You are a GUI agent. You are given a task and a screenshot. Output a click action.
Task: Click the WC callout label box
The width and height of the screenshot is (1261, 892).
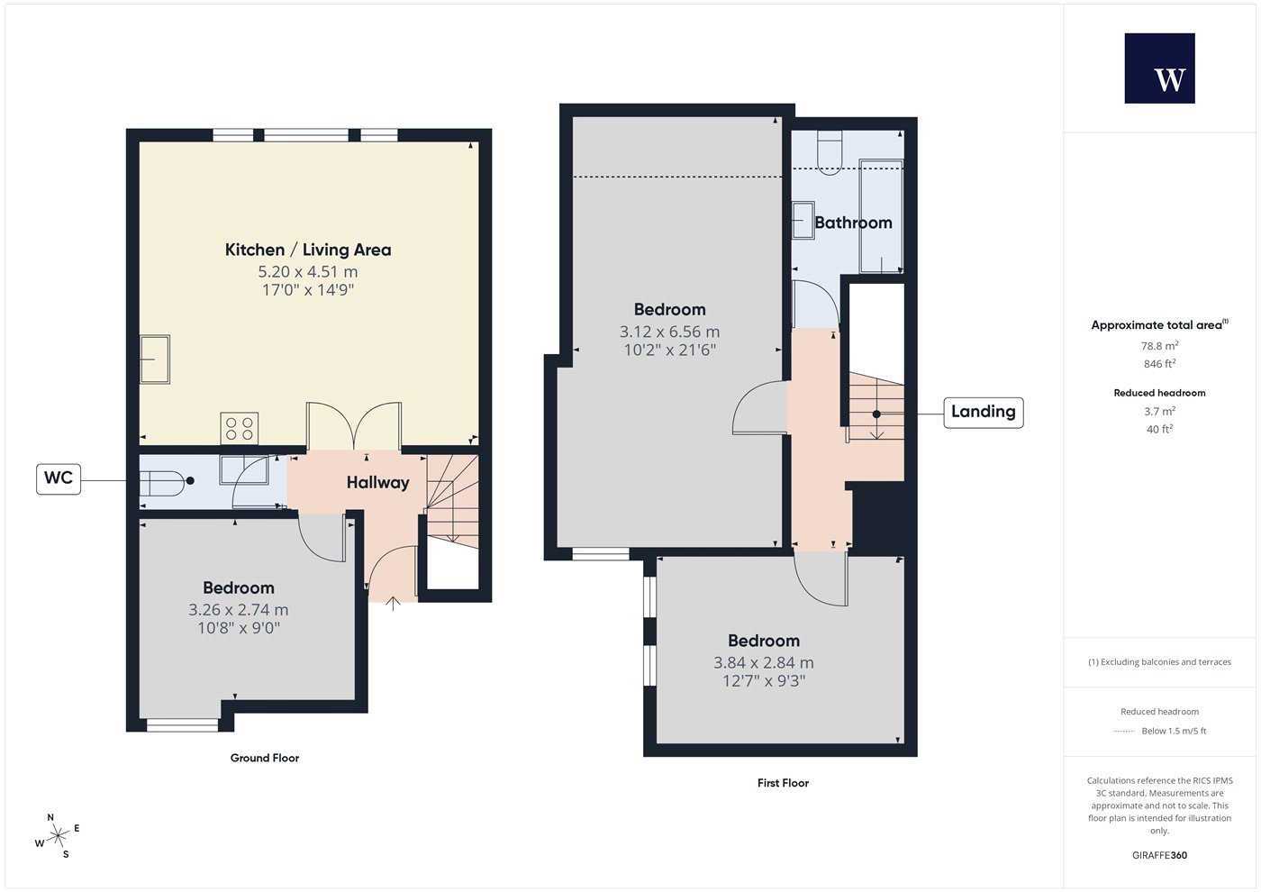point(59,478)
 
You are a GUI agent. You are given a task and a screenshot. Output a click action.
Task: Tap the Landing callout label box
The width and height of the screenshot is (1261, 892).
point(983,413)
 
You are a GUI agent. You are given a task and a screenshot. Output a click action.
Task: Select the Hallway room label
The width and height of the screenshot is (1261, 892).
point(377,483)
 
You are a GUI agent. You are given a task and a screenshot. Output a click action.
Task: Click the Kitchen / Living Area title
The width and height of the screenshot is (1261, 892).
point(308,250)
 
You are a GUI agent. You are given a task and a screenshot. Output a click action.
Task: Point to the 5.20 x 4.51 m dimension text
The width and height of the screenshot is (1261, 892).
point(308,271)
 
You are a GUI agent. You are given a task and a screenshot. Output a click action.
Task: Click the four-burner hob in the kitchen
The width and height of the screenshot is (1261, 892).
point(240,428)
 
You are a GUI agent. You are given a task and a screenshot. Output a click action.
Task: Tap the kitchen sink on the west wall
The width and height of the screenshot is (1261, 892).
point(154,360)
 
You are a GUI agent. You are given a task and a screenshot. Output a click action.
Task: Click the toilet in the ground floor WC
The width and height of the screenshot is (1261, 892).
point(162,483)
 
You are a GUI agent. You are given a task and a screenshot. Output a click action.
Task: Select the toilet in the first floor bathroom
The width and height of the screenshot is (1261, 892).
point(830,152)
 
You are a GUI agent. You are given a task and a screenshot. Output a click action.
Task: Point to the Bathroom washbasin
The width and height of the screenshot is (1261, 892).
point(803,220)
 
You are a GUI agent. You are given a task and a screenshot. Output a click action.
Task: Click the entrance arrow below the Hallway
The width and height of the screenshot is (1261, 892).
point(393,603)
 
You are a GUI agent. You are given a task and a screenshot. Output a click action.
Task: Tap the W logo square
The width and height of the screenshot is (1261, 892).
point(1160,68)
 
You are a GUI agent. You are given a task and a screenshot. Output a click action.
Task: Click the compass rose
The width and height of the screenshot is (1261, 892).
point(58,836)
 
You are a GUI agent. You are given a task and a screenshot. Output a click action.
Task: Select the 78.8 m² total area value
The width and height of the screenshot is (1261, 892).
point(1160,346)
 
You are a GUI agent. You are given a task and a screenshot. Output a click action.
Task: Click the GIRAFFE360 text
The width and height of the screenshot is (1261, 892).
point(1160,855)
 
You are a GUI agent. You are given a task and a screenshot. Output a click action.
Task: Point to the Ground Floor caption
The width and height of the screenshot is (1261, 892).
point(265,758)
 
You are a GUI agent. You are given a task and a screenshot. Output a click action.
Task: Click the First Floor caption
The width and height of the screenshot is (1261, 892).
point(783,783)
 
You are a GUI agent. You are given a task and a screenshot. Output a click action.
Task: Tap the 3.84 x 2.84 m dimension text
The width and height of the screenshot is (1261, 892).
point(764,663)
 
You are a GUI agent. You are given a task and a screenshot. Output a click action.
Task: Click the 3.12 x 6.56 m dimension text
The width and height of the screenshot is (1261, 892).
point(670,332)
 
